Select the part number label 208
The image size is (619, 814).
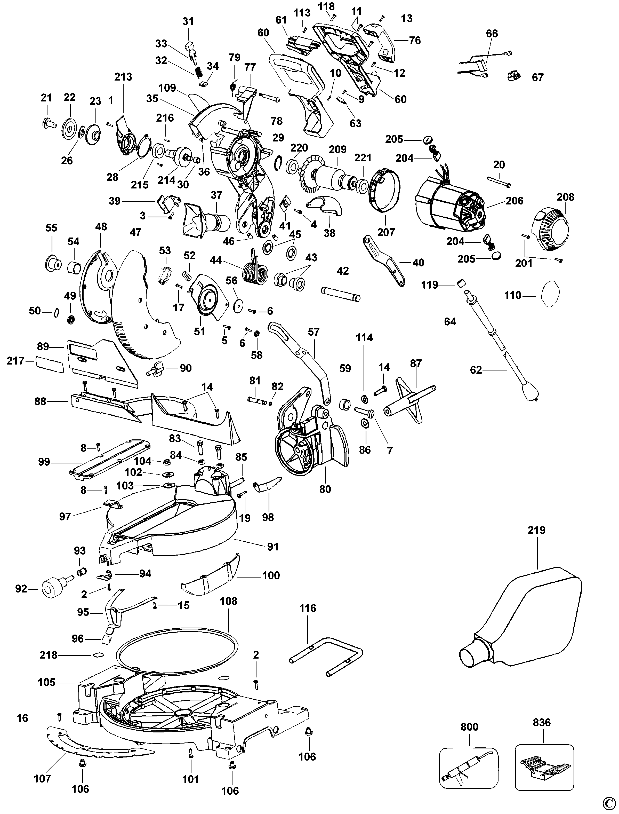[565, 197]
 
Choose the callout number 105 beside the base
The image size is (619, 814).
[46, 682]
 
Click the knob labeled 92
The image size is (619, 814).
[52, 588]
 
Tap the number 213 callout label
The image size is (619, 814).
[123, 77]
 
